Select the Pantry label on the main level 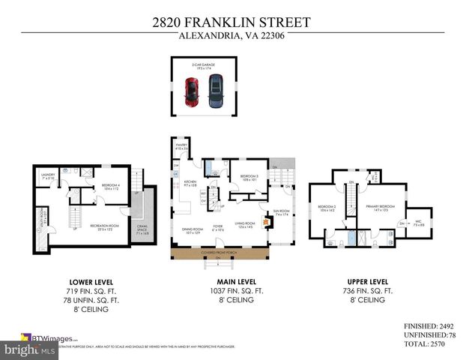[x=180, y=147]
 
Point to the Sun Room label [x=281, y=213]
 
